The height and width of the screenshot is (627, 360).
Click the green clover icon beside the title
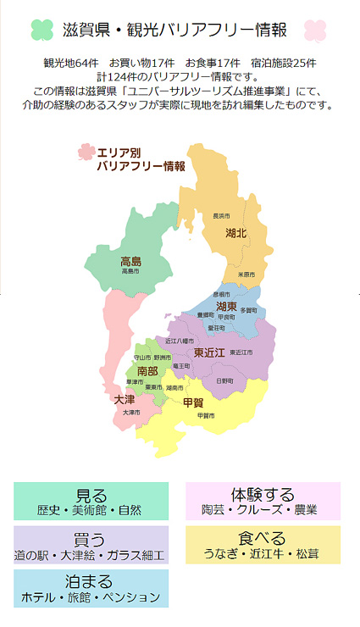tap(42, 31)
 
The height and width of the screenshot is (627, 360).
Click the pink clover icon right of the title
tap(315, 31)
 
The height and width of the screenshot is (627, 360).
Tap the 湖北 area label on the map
tap(236, 232)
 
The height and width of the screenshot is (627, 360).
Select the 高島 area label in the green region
tap(130, 261)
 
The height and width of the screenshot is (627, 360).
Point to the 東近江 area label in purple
tap(209, 352)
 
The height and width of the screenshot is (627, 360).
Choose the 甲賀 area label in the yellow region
tap(193, 402)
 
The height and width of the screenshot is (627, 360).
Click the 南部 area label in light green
tap(147, 371)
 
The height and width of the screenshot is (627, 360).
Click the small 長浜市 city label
tap(221, 216)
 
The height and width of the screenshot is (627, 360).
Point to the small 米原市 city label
tap(246, 275)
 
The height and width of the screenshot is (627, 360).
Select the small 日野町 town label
tap(224, 381)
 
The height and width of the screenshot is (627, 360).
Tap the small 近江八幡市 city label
tap(180, 341)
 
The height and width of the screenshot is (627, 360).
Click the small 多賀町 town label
tap(248, 310)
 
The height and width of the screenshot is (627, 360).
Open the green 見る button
tap(91, 501)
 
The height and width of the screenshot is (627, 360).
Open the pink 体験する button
tap(263, 501)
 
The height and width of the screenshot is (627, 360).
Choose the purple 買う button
tap(91, 545)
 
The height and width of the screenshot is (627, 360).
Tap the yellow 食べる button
tap(263, 545)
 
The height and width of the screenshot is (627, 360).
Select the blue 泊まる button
tap(91, 588)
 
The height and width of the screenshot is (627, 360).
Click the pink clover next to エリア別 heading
tap(86, 153)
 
